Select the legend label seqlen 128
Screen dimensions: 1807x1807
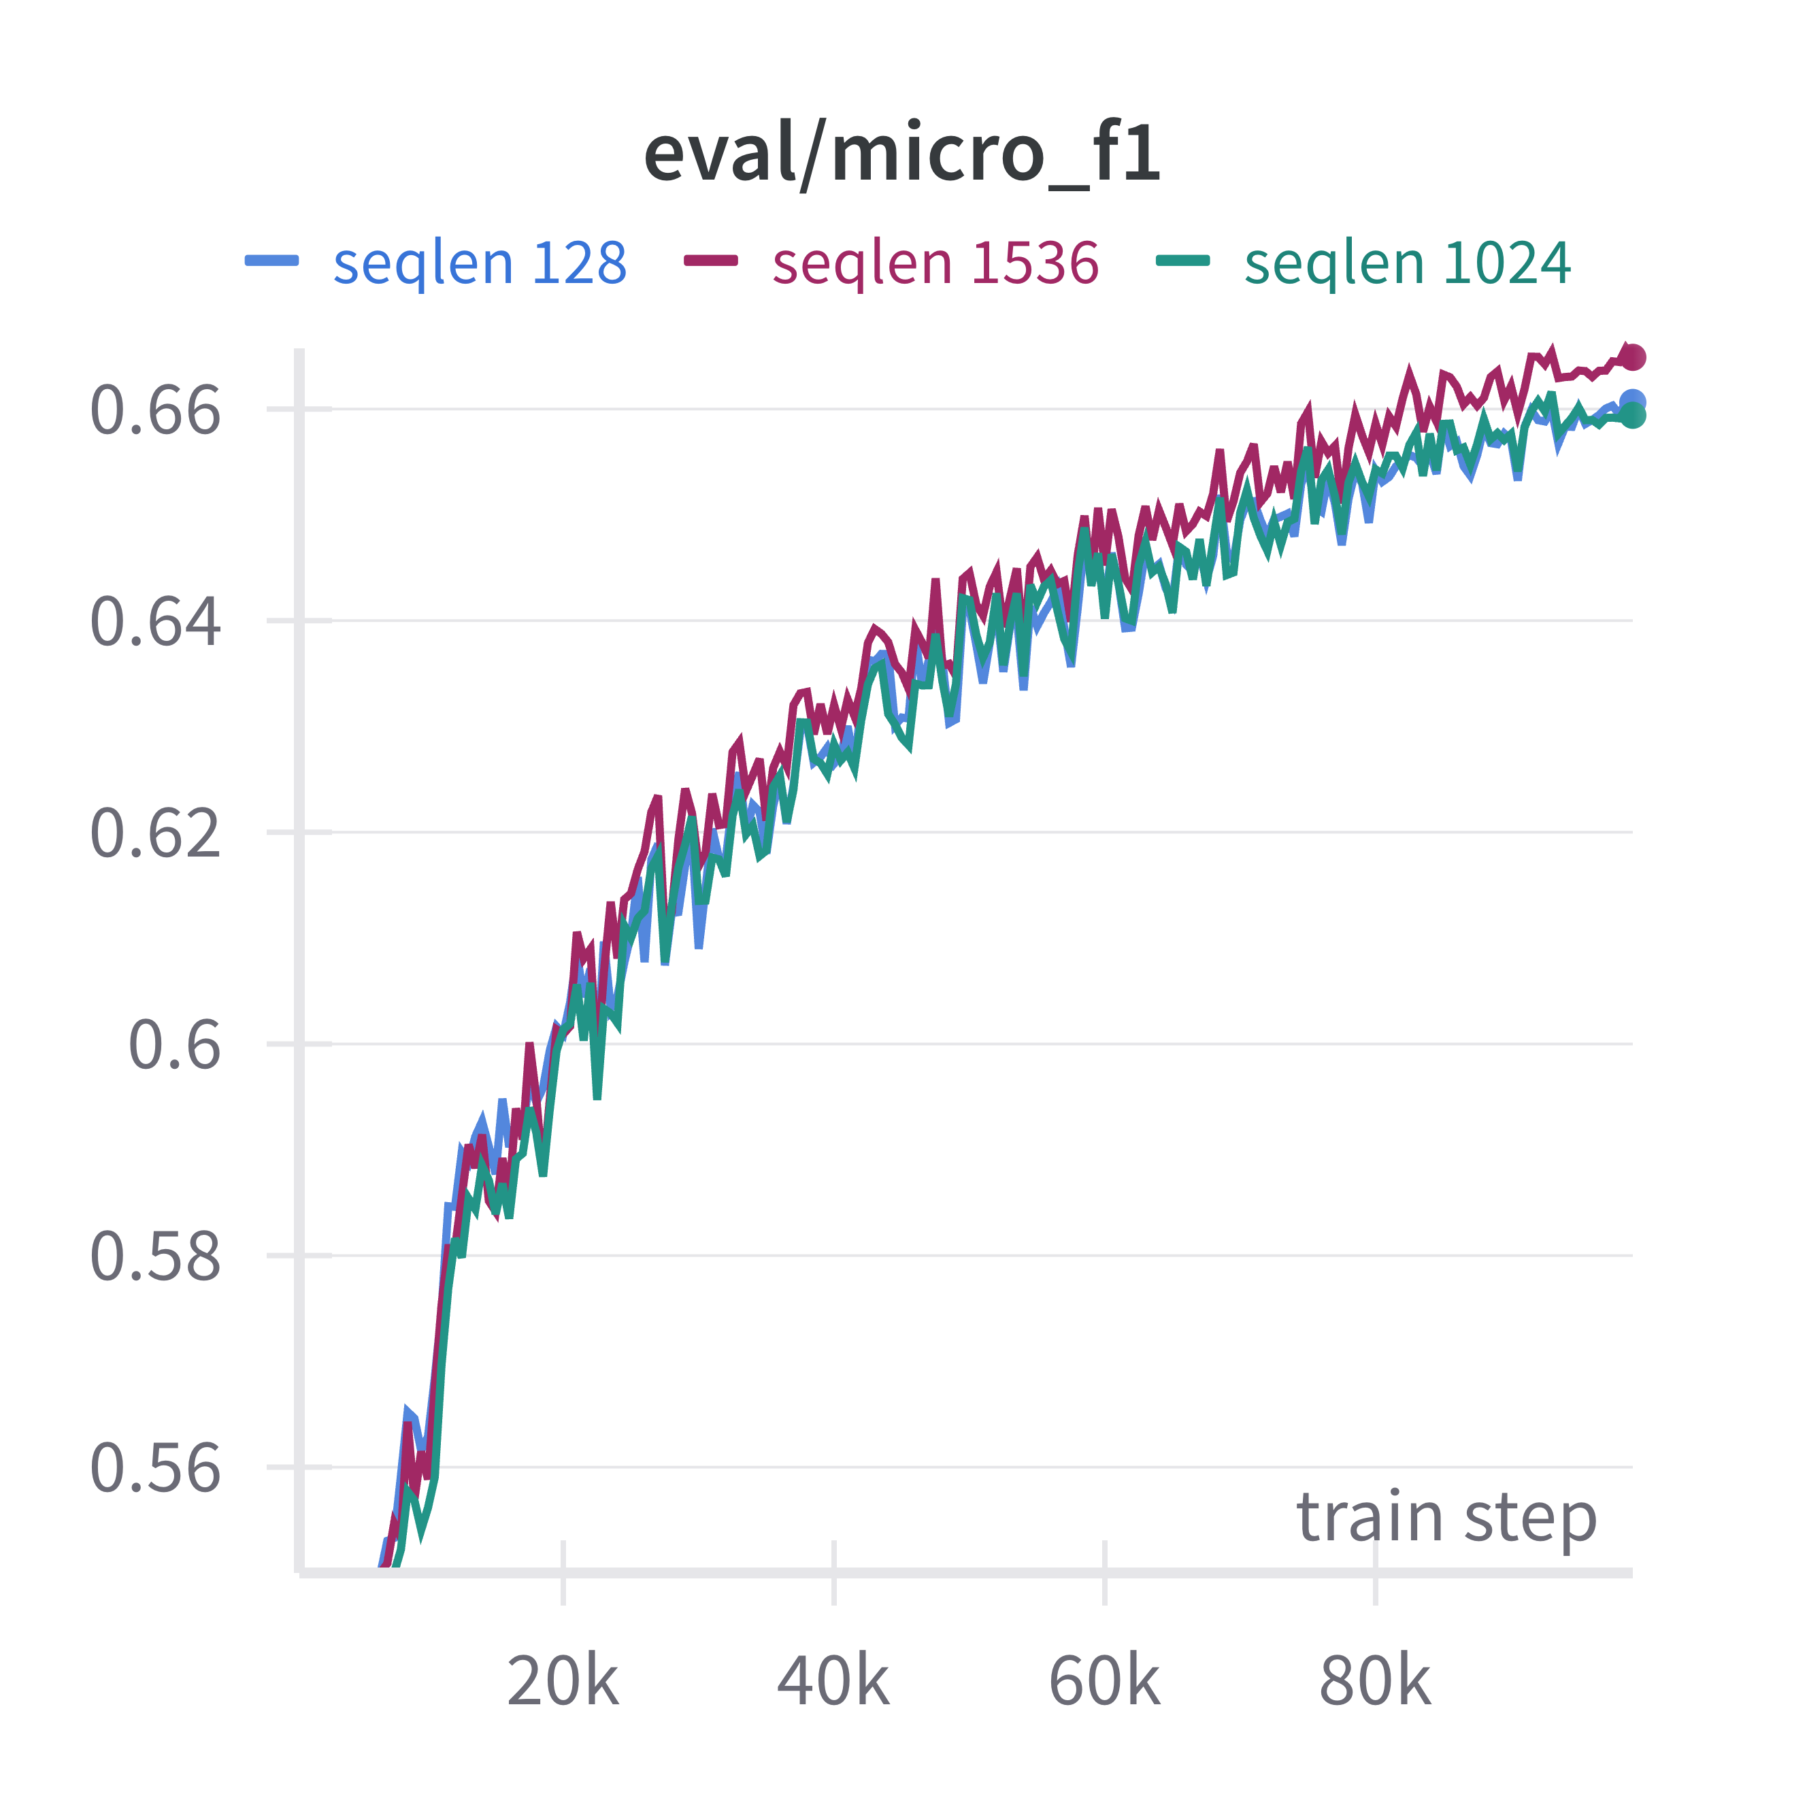point(480,263)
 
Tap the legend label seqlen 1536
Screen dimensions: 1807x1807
point(935,263)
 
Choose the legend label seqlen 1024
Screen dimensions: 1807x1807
point(1408,263)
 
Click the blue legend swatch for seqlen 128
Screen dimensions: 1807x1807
point(272,261)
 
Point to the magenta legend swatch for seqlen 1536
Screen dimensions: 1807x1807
point(711,261)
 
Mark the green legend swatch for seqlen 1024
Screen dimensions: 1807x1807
point(1183,261)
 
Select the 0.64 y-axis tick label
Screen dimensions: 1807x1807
point(155,621)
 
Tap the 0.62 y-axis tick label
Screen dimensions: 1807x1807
point(155,833)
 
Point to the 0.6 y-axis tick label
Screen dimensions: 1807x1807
point(174,1045)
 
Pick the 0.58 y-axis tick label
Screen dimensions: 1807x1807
point(155,1256)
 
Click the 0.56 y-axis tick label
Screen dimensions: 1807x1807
point(155,1468)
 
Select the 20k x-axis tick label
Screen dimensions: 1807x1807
point(563,1682)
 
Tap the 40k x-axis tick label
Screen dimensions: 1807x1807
point(833,1682)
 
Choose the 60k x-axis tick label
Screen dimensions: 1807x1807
point(1105,1682)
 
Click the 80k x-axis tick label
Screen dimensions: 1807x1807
point(1375,1682)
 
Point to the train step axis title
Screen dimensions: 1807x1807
point(1446,1517)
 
